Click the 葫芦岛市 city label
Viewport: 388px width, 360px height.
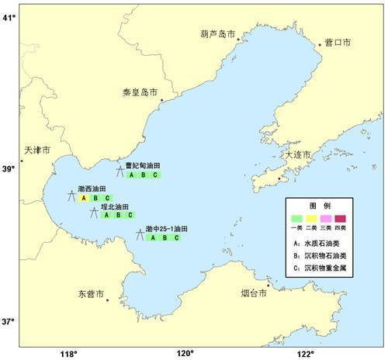[x=217, y=33]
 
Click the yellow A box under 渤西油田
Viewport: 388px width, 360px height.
[x=83, y=198]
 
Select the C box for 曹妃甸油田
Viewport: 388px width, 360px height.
[x=155, y=175]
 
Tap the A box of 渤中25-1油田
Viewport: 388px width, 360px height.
[x=153, y=237]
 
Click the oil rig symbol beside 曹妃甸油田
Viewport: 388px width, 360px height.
[x=120, y=171]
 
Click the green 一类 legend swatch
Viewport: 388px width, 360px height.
[x=297, y=220]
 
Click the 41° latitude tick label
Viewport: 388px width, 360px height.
[x=9, y=17]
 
